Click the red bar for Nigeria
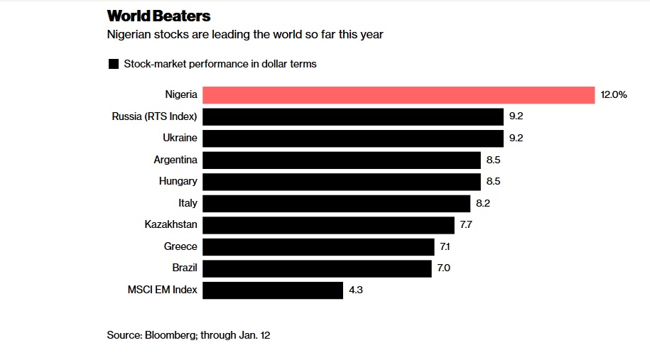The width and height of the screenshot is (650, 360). [399, 95]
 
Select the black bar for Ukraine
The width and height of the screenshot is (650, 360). [353, 138]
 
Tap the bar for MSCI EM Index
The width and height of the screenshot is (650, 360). [273, 290]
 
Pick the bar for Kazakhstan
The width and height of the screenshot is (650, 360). [328, 225]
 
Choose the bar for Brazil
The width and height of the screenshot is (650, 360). [317, 268]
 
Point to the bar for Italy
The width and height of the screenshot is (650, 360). [337, 203]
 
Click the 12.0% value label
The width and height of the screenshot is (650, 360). [614, 95]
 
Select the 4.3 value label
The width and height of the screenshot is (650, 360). [355, 290]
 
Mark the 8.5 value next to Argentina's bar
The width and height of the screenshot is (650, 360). [493, 160]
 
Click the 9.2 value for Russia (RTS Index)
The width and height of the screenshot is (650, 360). [516, 116]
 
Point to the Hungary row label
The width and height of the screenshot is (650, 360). [178, 182]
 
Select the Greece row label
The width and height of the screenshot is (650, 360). [180, 246]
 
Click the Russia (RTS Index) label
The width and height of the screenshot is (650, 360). [154, 116]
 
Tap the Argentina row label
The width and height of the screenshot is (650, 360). [175, 160]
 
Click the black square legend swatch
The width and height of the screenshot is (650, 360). [113, 65]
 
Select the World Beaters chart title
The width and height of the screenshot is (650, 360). [158, 16]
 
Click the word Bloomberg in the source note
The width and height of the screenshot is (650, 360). [167, 334]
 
